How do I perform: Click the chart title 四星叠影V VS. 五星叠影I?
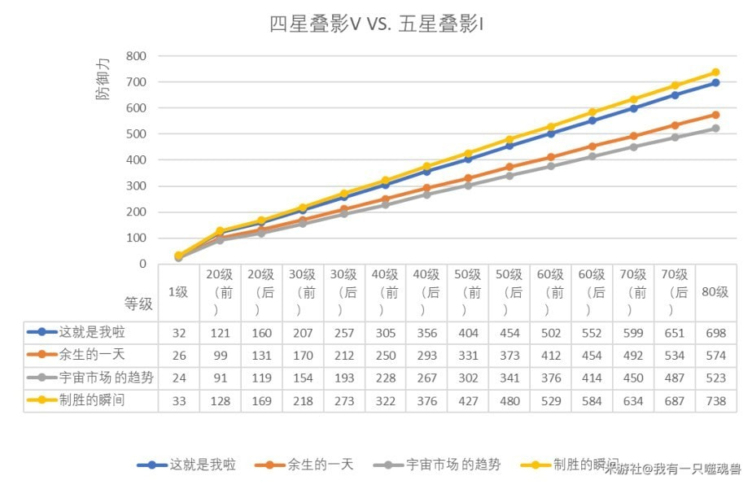tap(376, 24)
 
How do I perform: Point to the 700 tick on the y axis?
tap(136, 82)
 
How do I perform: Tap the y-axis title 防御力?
tap(102, 81)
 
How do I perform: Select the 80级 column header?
tap(715, 291)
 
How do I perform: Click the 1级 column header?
tap(178, 291)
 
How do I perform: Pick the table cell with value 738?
tap(715, 401)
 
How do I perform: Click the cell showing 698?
tap(715, 332)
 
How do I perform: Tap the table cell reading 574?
tap(715, 355)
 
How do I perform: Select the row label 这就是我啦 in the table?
tap(92, 332)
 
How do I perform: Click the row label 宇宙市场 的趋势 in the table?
tap(103, 378)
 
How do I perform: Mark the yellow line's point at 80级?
tap(715, 72)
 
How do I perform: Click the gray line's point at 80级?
tap(715, 129)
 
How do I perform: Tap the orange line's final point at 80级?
tap(715, 115)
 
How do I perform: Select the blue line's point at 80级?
tap(715, 83)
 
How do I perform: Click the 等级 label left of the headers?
tap(138, 304)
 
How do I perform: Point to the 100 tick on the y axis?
tap(136, 238)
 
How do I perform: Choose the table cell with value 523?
tap(715, 378)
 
